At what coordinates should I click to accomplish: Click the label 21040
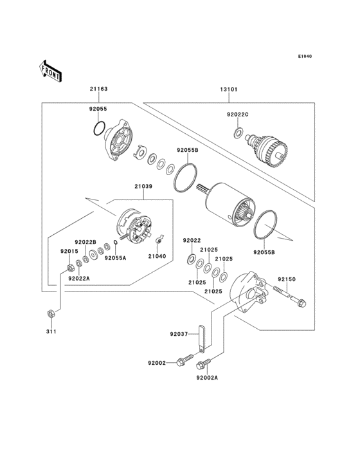(157, 256)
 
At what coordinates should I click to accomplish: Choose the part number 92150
(286, 279)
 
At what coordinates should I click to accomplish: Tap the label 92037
(179, 335)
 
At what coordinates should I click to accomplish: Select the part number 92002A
(208, 378)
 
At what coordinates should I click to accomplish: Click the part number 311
(50, 331)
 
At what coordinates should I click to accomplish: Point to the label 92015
(69, 251)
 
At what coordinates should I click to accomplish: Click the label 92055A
(116, 256)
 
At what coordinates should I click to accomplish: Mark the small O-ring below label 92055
(98, 129)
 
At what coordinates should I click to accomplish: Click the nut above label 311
(50, 313)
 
